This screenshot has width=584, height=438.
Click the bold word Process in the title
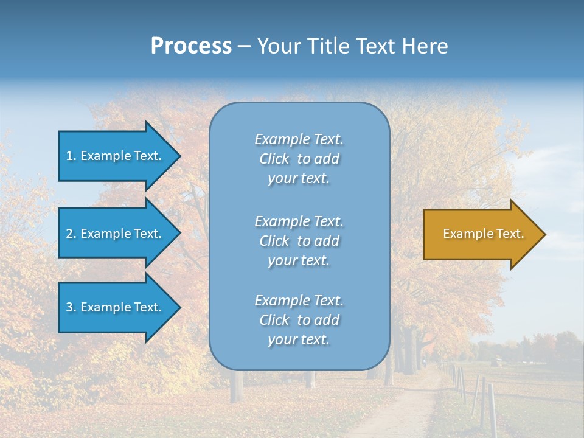tap(191, 46)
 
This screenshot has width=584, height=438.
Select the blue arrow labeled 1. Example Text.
tap(116, 156)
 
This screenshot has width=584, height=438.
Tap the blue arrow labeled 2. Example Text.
tap(116, 234)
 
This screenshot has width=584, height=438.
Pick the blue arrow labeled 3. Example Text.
tap(116, 307)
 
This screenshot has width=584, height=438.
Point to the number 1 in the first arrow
tap(69, 156)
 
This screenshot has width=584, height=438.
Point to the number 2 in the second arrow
tap(69, 234)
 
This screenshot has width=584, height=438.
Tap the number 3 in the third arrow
tap(69, 307)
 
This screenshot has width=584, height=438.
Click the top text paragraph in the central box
tap(299, 159)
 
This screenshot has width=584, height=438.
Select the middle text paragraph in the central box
tap(299, 241)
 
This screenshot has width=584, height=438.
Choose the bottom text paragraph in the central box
tap(299, 320)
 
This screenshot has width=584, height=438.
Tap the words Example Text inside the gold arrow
tap(483, 234)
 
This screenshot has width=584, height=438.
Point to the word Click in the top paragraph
tap(274, 159)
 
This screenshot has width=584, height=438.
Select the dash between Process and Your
tap(244, 46)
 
